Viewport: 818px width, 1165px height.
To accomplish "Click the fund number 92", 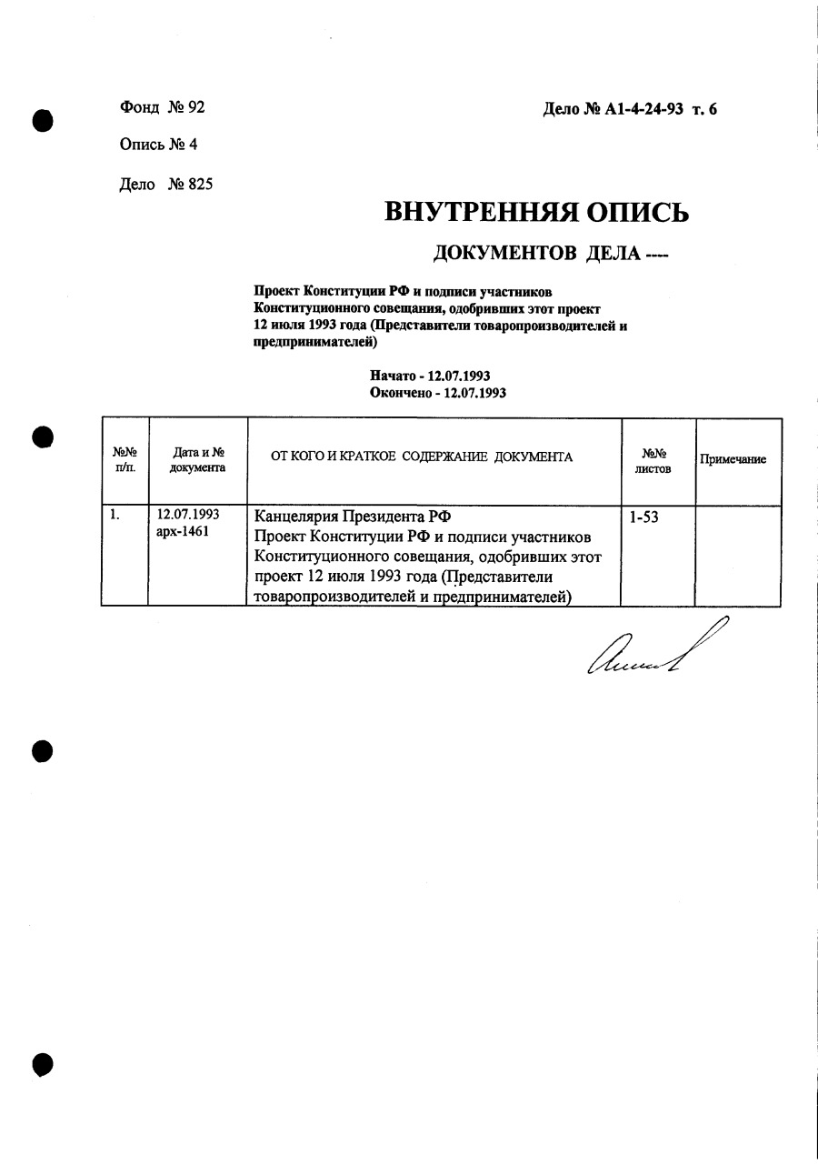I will click(x=195, y=107).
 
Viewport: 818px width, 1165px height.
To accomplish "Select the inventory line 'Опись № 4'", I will click(x=158, y=145).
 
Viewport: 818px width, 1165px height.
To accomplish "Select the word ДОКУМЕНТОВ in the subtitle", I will click(x=504, y=252).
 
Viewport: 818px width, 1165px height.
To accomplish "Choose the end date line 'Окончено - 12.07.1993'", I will click(x=438, y=393).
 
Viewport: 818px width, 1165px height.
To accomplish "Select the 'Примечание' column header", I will click(x=733, y=459).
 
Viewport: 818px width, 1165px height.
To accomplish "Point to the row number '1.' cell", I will click(x=115, y=514).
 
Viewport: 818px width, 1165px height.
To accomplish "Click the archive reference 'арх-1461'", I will click(x=183, y=531).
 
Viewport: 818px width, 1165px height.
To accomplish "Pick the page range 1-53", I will click(x=643, y=517).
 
